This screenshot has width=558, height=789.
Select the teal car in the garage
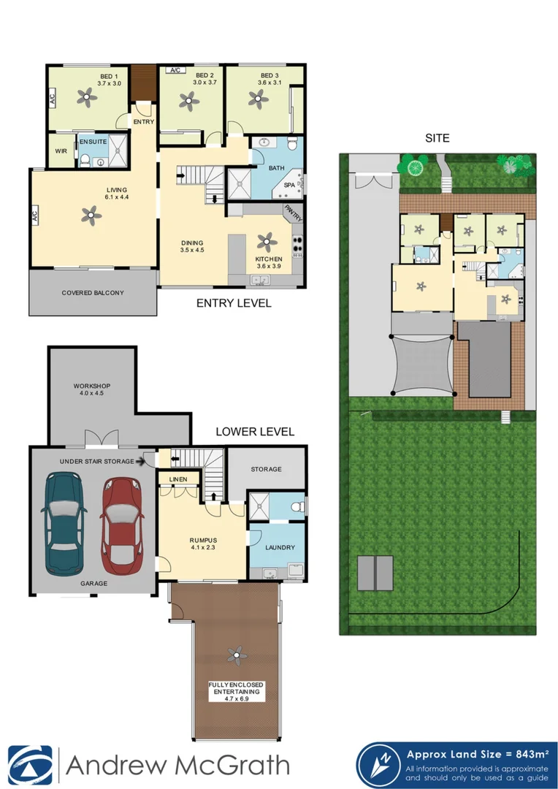point(65,523)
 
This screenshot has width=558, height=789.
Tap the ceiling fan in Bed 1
point(88,95)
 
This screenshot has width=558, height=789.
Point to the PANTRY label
point(294,211)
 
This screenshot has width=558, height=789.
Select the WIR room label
point(61,151)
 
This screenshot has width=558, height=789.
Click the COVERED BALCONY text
point(93,293)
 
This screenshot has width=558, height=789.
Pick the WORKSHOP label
point(91,386)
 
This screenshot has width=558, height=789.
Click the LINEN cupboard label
point(177,479)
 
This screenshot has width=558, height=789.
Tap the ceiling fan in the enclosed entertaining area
point(236,654)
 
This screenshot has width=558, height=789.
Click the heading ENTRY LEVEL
point(234,302)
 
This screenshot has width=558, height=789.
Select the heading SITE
point(437,137)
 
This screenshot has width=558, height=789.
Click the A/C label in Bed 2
point(175,71)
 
